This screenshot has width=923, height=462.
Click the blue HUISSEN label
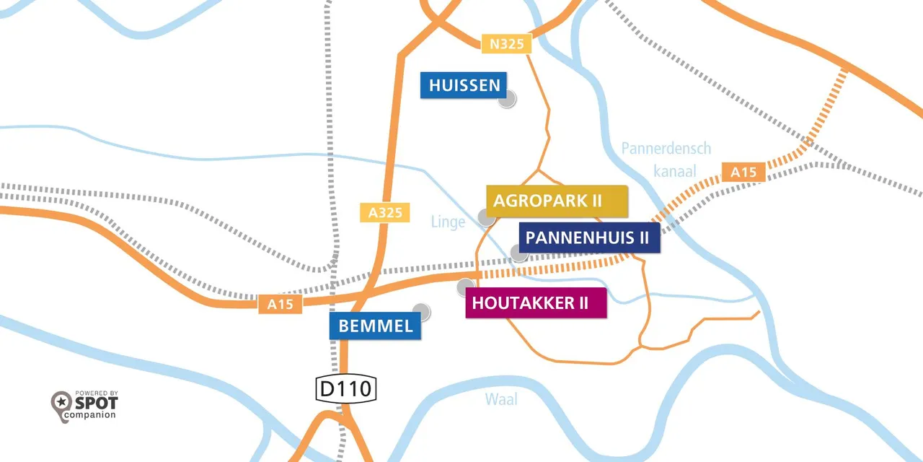[x=464, y=85]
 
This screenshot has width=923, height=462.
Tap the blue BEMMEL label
[x=376, y=326]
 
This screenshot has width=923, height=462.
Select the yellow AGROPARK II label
[x=556, y=201]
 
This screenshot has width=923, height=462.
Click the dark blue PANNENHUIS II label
[x=588, y=237]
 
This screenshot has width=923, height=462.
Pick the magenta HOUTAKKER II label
[x=535, y=303]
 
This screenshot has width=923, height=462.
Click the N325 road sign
[x=506, y=44]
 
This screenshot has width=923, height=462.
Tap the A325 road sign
[x=384, y=212]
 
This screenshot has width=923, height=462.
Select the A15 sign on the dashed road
[x=743, y=172]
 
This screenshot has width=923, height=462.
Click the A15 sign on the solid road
[x=281, y=304]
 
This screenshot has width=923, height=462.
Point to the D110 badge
[x=346, y=389]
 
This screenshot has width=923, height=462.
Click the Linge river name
[x=448, y=222]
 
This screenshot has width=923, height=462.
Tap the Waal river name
[x=501, y=398]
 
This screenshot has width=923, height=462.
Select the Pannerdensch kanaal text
[x=666, y=160]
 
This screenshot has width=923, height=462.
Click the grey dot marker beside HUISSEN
[x=508, y=100]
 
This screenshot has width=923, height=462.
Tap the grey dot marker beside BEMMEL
[x=422, y=312]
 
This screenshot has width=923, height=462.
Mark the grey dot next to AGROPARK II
[x=487, y=217]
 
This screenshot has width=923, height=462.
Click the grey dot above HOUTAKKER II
[x=466, y=287]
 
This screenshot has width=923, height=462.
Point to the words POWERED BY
[x=96, y=393]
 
